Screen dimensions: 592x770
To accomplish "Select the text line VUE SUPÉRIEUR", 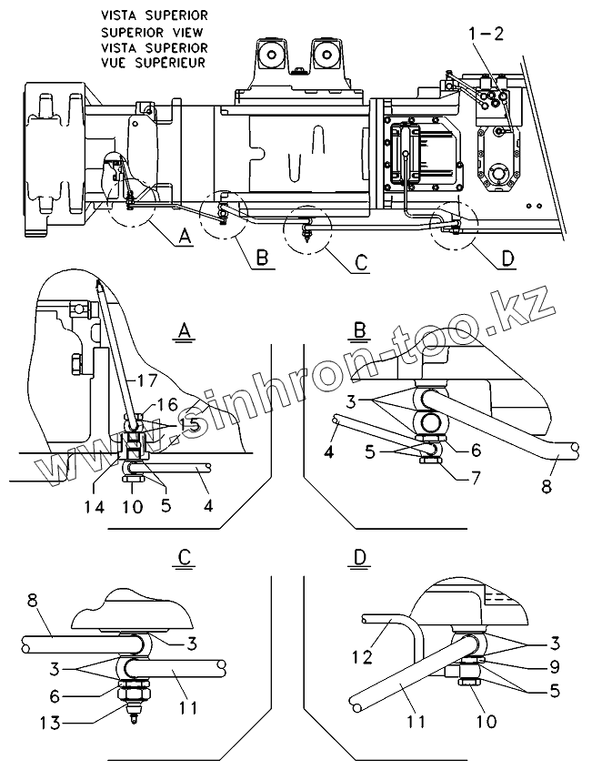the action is click(x=155, y=63).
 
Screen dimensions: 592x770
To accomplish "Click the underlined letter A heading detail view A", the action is click(x=185, y=333).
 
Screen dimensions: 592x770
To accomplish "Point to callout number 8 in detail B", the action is click(x=546, y=486).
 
